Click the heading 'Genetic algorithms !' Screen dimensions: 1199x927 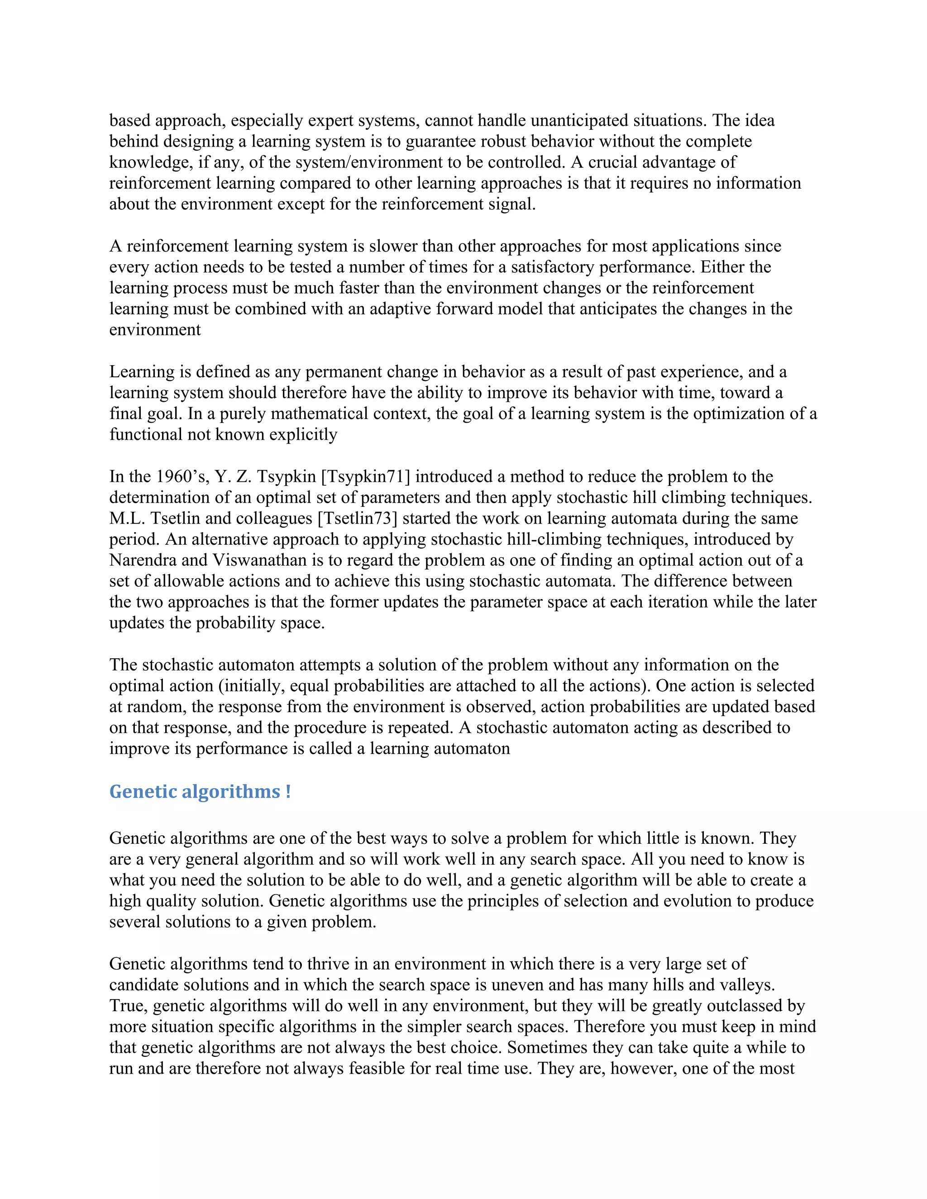pyautogui.click(x=200, y=792)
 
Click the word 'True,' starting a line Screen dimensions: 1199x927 pyautogui.click(x=129, y=1006)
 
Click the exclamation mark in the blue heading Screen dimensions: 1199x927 pyautogui.click(x=288, y=792)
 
